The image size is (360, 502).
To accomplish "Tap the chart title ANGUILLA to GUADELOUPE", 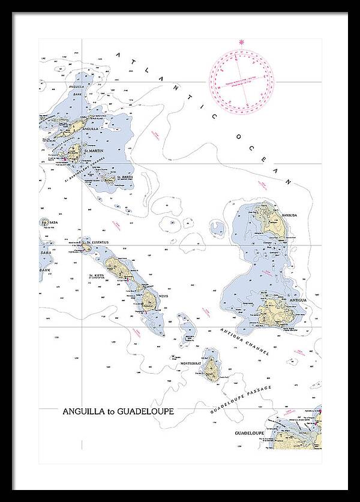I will (118, 412).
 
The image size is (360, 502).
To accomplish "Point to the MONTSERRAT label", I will (192, 363).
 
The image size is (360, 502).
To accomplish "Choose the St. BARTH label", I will (124, 178).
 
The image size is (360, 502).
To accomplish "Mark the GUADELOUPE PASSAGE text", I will (241, 400).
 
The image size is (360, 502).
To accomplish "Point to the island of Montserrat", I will (211, 368).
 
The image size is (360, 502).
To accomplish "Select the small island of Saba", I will (46, 223).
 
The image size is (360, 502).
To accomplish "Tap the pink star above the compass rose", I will (242, 42).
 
